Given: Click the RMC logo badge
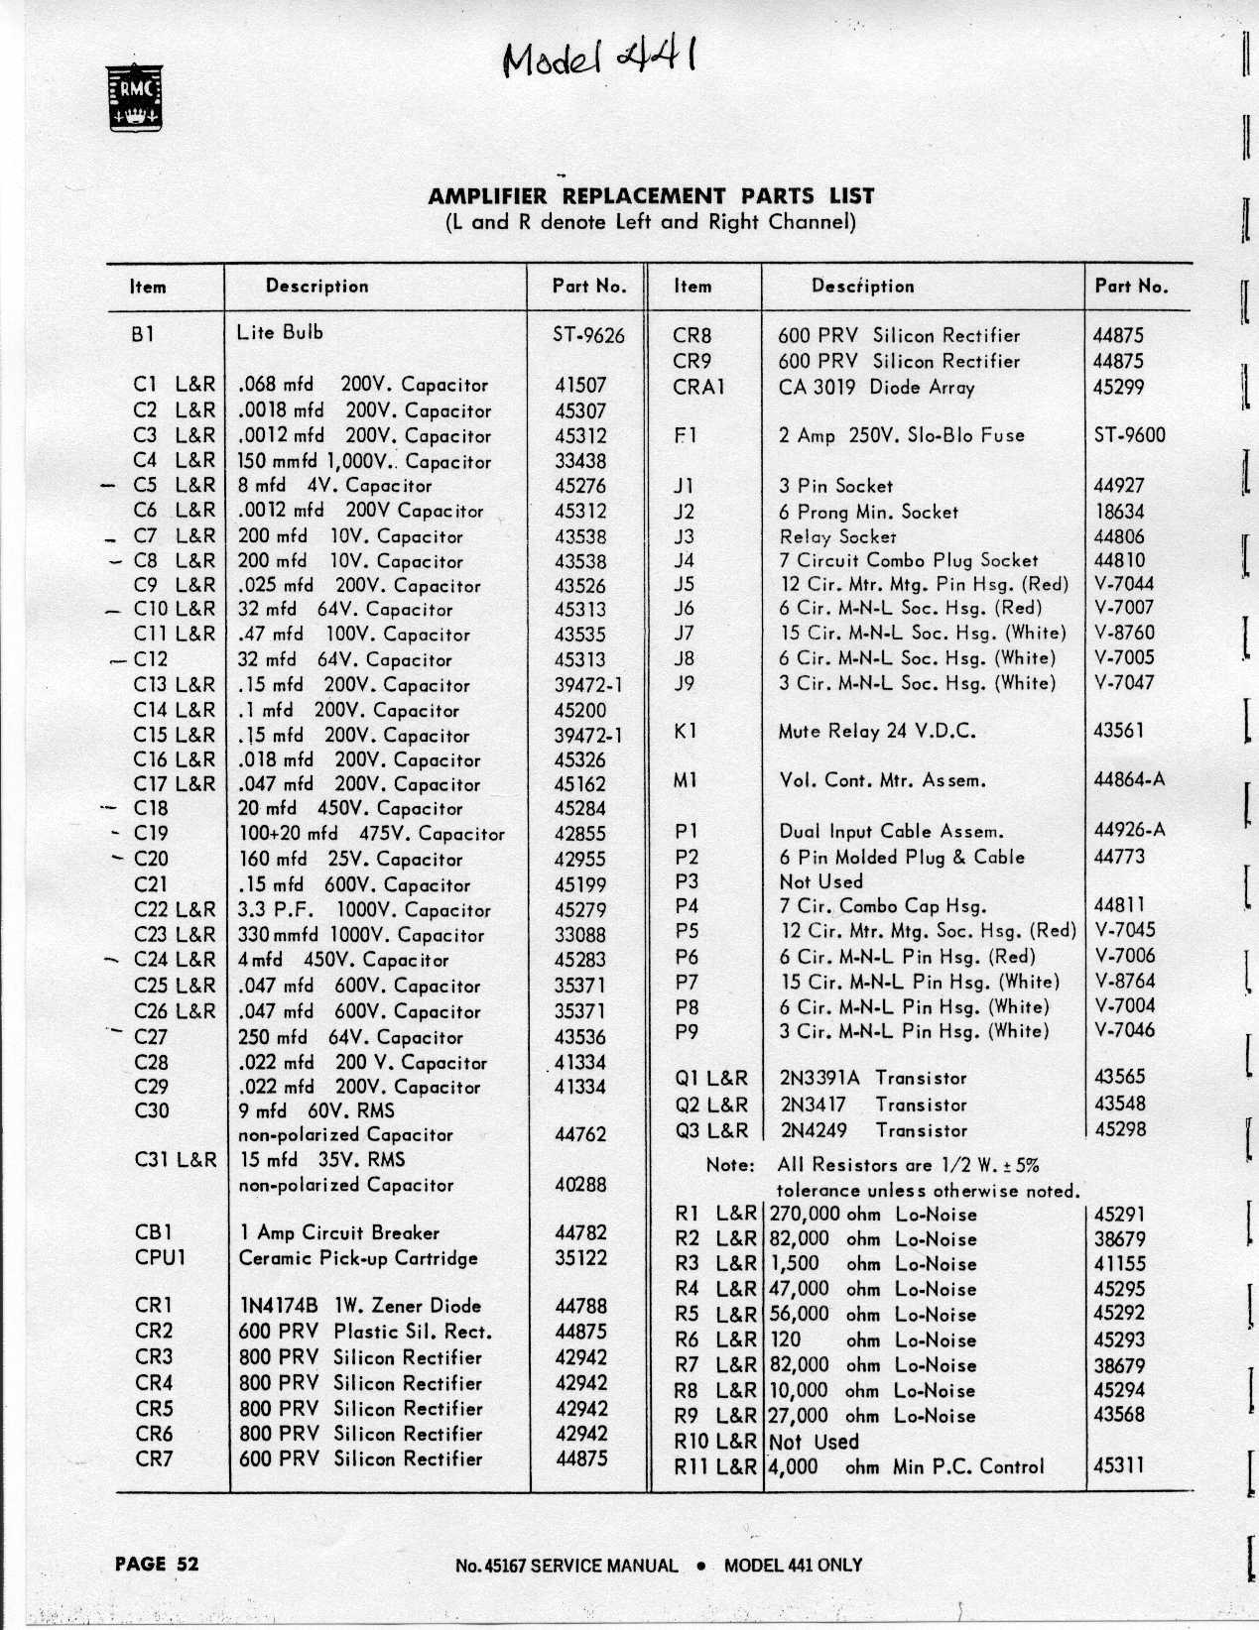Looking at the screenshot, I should pos(135,97).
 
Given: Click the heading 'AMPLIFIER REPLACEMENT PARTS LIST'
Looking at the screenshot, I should pos(650,196).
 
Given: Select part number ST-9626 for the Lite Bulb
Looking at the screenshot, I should pos(588,335).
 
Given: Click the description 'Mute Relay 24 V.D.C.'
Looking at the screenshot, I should pos(877,732).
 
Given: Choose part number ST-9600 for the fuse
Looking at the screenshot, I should pos(1129,434).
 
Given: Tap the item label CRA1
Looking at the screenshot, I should pos(698,387).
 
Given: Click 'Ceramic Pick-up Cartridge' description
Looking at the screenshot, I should pos(358,1258).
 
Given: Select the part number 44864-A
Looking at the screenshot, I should pos(1129,779).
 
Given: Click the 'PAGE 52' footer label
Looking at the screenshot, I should pos(157,1564).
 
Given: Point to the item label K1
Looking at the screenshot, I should pos(685,731).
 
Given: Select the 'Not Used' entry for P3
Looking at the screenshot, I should pos(820,881).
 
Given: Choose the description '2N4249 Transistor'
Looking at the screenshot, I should pos(873,1129).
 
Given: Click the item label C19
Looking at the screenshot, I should pos(151,833).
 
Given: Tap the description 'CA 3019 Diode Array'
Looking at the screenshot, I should pos(876,387).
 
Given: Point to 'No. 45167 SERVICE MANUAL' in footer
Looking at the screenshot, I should pos(567,1566).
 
